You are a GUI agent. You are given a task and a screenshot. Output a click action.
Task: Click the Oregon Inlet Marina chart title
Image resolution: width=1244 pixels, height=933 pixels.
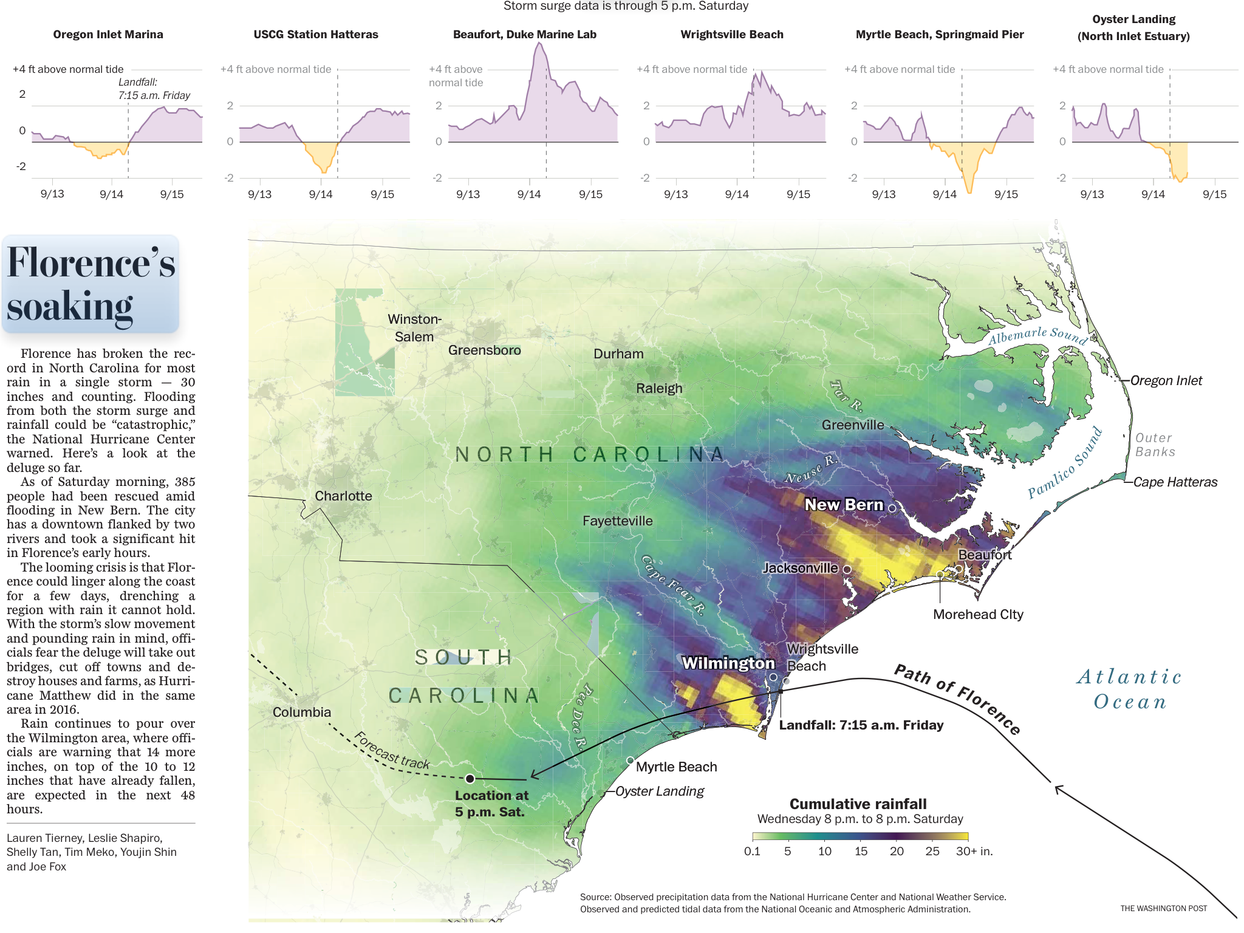[108, 35]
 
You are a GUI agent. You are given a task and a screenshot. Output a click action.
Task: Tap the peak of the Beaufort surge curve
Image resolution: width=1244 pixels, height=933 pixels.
[539, 44]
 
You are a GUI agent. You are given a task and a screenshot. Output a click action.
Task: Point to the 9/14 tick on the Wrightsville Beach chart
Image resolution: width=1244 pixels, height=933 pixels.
[737, 194]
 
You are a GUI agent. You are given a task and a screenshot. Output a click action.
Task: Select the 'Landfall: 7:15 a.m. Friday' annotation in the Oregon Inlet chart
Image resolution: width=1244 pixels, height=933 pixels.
[154, 89]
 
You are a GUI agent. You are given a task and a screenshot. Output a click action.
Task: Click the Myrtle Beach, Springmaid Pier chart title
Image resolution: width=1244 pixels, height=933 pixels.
[940, 35]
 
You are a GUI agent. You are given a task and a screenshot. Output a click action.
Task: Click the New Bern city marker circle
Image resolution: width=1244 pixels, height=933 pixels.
[892, 508]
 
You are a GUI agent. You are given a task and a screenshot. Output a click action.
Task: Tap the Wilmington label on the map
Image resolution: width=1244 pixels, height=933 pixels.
[728, 663]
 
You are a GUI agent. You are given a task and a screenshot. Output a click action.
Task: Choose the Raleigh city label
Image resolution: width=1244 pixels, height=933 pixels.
[659, 388]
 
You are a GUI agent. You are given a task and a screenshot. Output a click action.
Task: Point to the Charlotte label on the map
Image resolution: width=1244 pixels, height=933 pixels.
[343, 496]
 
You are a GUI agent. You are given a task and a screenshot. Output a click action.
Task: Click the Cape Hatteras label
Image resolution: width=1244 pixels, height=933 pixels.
[1175, 482]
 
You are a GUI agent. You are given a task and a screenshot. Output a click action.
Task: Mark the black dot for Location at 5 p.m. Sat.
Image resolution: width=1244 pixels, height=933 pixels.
[470, 778]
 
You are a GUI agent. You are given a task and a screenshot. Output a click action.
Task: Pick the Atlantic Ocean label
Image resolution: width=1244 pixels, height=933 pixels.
[1130, 689]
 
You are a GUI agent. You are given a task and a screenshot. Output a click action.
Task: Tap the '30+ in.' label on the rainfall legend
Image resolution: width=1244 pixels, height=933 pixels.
[974, 851]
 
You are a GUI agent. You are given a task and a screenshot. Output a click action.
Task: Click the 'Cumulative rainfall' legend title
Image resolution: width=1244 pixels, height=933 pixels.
[858, 804]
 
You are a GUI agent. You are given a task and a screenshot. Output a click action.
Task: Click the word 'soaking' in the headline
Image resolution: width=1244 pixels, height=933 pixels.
[70, 306]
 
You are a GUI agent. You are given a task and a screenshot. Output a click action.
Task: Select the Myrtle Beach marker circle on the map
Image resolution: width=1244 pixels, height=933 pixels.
[630, 760]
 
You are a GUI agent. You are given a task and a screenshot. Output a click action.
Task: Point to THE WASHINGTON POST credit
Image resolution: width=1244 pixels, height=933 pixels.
[1163, 908]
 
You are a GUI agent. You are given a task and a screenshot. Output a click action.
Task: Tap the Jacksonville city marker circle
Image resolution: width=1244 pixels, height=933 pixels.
[847, 569]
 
